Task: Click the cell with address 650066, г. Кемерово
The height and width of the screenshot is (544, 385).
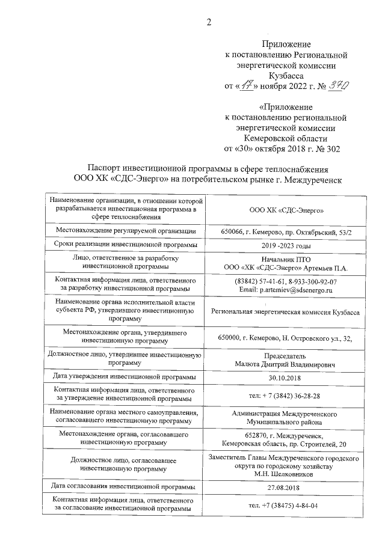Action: point(286,231)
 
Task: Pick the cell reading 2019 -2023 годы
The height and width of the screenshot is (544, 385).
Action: point(286,246)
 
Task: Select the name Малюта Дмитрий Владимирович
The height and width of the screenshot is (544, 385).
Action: point(286,364)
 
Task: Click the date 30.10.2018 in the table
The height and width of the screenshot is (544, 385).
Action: point(286,378)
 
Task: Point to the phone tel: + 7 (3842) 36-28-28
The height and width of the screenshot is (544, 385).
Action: point(286,397)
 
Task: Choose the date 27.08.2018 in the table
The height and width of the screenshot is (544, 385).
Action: point(286,487)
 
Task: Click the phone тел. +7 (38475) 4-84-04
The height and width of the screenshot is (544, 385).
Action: point(286,505)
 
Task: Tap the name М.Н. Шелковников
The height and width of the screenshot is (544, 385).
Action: point(286,474)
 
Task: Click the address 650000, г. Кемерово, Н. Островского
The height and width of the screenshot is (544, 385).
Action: point(286,338)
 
